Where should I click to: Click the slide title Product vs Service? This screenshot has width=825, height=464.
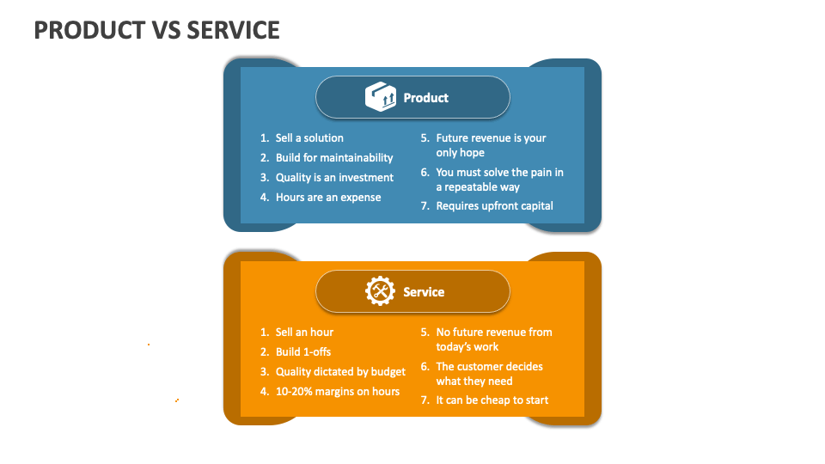[157, 30]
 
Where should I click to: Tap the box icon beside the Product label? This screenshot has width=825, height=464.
[380, 97]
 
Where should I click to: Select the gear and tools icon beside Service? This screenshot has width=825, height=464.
[380, 291]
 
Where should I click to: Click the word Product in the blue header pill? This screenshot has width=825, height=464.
[426, 98]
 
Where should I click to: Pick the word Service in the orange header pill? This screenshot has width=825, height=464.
[424, 292]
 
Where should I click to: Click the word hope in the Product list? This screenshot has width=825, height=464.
[472, 152]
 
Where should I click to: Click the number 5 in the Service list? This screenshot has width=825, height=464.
[424, 332]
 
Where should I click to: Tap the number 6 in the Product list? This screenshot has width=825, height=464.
[424, 172]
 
